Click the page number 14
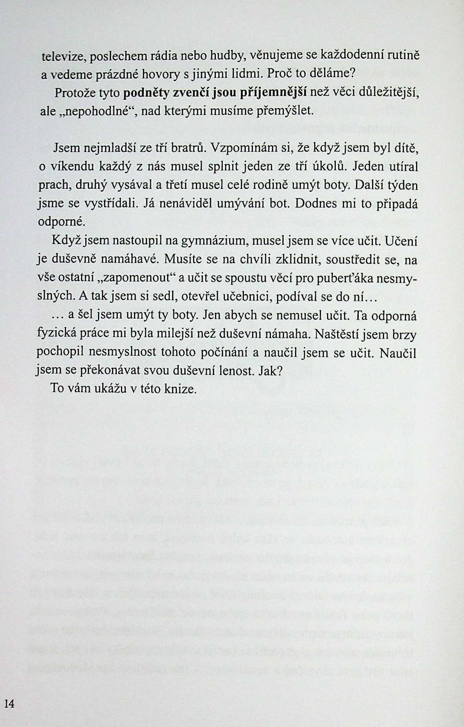click(x=9, y=704)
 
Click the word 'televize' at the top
click(x=63, y=57)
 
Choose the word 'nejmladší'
click(x=108, y=148)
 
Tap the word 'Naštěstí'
click(x=338, y=334)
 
